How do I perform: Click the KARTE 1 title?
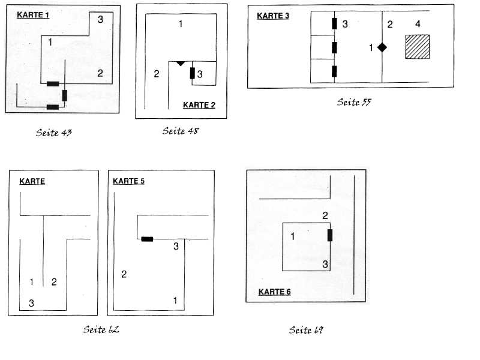coord(33,14)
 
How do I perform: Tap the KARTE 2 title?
coord(199,105)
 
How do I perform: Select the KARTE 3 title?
coord(273,16)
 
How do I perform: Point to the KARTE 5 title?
coord(128,181)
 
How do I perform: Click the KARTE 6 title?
coord(274,292)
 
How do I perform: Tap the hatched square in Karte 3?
coord(418,47)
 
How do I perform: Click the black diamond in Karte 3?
coord(382,47)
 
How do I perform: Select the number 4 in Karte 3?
coord(418,24)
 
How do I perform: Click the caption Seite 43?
coord(54,132)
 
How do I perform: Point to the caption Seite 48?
coord(180,131)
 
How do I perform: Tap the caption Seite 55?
coord(354,102)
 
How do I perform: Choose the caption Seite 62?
coord(104,329)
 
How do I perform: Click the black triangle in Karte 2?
coord(180,63)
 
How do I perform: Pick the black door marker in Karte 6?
coord(329,235)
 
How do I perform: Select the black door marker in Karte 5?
coord(147,239)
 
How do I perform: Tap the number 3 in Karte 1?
coord(100,19)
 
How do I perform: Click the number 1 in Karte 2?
coord(181,24)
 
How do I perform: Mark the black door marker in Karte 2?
coord(192,74)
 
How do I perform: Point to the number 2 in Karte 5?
coord(124,275)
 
